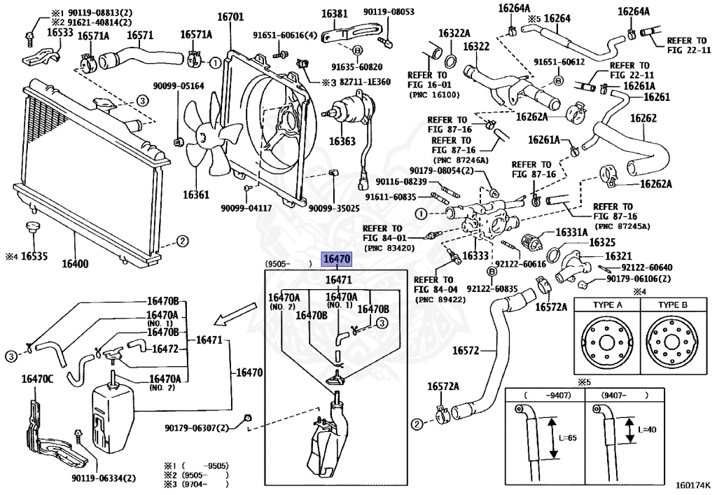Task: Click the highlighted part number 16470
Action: click(x=337, y=259)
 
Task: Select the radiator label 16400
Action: click(x=75, y=264)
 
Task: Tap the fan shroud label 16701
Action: click(x=230, y=17)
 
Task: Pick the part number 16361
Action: click(x=196, y=195)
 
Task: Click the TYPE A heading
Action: click(x=608, y=305)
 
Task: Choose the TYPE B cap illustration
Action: click(x=673, y=342)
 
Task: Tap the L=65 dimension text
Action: click(x=567, y=438)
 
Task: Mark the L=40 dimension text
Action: click(x=646, y=430)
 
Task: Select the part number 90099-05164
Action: click(x=179, y=86)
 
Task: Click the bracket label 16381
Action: click(x=334, y=14)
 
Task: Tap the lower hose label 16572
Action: click(x=466, y=351)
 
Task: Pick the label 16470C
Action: click(x=38, y=379)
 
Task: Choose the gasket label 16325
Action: click(x=602, y=243)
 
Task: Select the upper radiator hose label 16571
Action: click(x=140, y=35)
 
